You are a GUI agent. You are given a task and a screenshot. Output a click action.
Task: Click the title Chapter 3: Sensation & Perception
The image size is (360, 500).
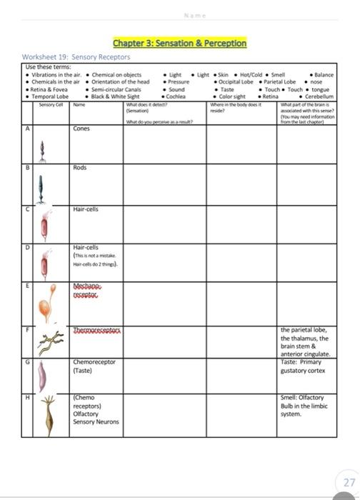point(179,44)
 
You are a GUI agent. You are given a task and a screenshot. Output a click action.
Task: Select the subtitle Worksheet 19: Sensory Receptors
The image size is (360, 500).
point(76,56)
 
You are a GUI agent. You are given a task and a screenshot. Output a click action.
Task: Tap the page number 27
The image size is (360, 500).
point(349,482)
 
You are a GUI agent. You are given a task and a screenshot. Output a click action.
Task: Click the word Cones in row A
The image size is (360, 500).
point(81,129)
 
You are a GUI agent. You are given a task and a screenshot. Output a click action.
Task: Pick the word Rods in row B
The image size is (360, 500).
point(79,168)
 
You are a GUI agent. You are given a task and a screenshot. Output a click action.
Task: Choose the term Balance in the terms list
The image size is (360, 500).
point(324,74)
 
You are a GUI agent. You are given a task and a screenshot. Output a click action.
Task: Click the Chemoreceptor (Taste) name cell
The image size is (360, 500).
point(94,366)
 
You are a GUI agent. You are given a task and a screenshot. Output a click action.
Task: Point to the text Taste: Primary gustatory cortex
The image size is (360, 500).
point(306,366)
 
